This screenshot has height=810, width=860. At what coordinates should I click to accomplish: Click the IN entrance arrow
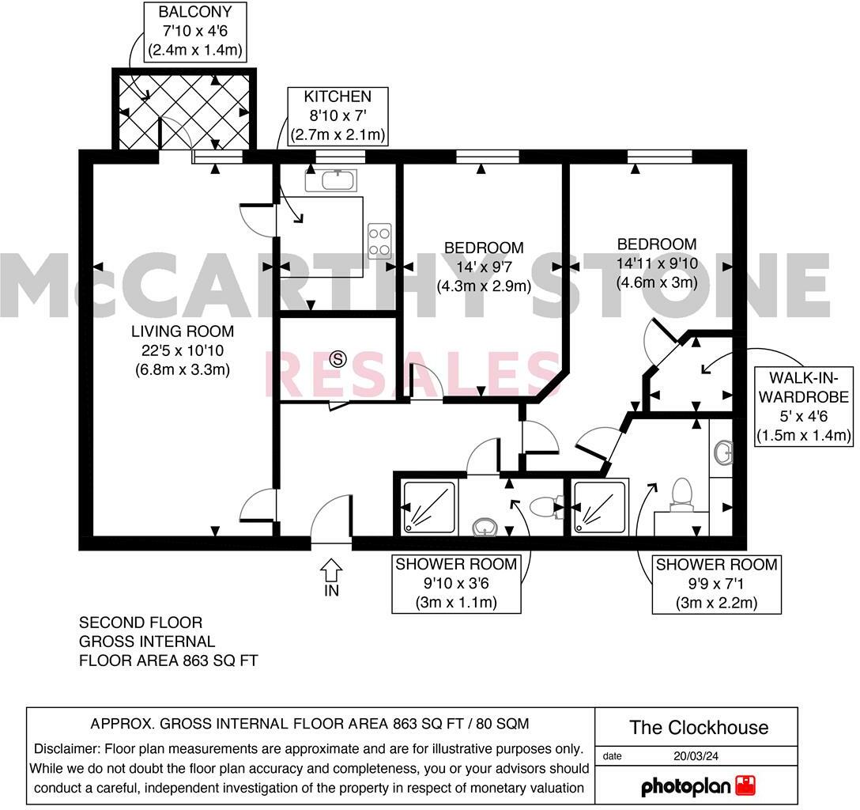pos(331,569)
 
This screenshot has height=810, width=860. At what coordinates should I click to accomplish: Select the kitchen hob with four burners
pos(380,240)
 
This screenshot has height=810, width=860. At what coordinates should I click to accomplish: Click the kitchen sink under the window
pos(331,180)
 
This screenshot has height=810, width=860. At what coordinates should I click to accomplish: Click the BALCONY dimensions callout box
pos(195,32)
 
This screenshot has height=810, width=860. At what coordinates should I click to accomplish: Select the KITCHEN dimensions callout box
pos(338,115)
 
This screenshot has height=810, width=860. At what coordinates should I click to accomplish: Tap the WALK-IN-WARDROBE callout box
pos(803,405)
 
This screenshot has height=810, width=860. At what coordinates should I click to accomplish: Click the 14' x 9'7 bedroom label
pos(484,267)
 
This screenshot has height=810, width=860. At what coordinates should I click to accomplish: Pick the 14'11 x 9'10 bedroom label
pos(657,263)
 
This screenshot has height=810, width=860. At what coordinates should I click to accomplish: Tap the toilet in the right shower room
pos(681,494)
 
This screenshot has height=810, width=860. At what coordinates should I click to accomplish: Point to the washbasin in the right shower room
pos(722,453)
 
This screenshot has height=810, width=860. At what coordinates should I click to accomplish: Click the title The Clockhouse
pos(698,728)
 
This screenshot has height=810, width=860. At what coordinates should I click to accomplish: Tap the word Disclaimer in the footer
pos(66,748)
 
